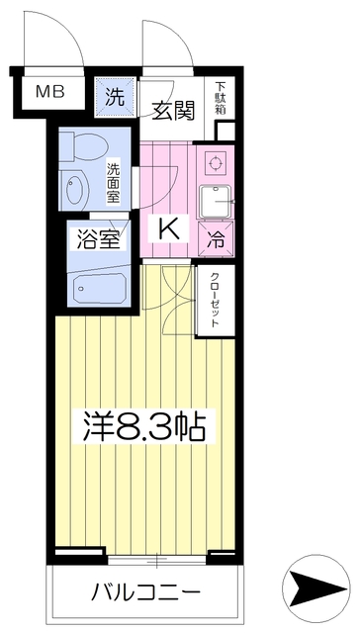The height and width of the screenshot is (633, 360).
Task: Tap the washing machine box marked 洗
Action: (x=115, y=97)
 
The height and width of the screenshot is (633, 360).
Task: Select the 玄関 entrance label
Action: (x=172, y=108)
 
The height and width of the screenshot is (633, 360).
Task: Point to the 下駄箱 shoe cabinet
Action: (x=222, y=100)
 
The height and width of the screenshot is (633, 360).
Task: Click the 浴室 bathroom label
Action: (x=96, y=237)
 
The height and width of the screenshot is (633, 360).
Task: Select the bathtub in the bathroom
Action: (x=98, y=288)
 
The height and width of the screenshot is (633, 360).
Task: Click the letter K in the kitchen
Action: (x=170, y=228)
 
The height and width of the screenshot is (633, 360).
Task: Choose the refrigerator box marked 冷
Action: (x=217, y=238)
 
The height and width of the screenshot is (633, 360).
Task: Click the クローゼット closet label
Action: (x=217, y=302)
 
